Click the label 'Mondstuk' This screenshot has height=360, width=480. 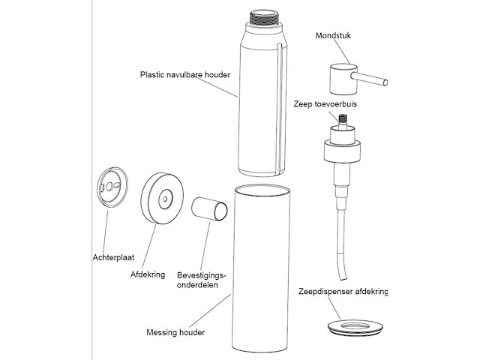334,34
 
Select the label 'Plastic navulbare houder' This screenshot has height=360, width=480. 185,75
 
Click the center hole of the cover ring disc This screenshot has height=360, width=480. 164,199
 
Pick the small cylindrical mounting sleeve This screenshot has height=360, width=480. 209,209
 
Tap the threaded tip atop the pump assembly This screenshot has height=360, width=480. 345,118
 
